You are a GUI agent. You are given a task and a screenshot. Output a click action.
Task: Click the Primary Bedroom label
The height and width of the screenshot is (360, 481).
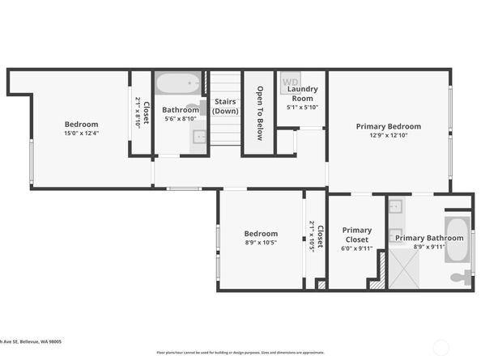click(389, 126)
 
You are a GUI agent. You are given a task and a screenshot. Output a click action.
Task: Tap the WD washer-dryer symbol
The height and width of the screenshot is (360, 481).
click(290, 82)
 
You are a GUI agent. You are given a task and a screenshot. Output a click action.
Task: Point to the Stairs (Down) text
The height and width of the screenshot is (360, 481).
click(226, 106)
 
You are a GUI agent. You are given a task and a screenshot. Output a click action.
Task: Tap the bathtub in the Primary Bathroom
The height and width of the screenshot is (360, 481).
click(458, 239)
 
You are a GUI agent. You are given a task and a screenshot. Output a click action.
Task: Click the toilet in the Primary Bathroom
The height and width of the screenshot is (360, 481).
click(459, 277)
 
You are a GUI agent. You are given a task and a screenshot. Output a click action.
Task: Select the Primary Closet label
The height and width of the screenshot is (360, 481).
click(357, 235)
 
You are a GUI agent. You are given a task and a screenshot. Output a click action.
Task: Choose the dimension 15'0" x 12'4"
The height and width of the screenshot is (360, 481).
click(81, 133)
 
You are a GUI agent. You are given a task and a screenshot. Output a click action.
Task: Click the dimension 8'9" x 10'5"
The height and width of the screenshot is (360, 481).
click(261, 242)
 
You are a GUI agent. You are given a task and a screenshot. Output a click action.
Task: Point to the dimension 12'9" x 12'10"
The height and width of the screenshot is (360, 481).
click(389, 135)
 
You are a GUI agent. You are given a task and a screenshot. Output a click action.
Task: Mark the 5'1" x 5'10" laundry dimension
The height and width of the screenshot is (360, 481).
click(303, 107)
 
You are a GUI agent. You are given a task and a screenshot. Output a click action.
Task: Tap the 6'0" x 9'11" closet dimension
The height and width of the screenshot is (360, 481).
click(357, 248)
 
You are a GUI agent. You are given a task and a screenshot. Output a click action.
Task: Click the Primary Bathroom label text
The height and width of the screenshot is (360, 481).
click(429, 238)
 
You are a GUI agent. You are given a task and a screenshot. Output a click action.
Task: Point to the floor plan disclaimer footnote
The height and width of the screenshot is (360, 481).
click(240, 353)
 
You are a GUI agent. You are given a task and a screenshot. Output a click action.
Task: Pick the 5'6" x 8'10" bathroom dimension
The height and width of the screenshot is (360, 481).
click(180, 119)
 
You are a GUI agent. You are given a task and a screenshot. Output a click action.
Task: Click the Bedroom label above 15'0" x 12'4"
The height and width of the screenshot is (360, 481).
click(81, 125)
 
